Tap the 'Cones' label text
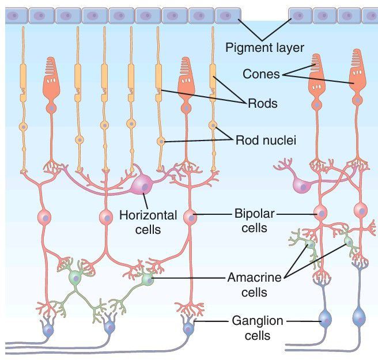[261, 74]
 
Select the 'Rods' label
[262, 104]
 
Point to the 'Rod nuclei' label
[265, 139]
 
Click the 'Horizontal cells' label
[148, 222]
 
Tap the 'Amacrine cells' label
[254, 285]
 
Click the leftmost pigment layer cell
[15, 15]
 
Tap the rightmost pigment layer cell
[371, 15]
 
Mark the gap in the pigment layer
[265, 15]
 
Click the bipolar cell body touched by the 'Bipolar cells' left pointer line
[191, 217]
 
